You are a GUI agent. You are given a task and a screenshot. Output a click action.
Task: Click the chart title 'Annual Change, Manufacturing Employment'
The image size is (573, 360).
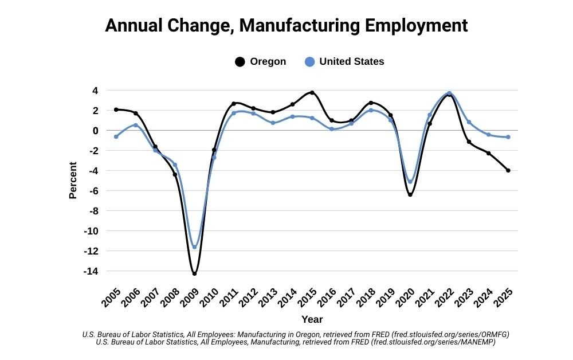[x=286, y=26]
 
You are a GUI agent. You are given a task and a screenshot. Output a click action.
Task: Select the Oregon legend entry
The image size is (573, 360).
[x=261, y=61]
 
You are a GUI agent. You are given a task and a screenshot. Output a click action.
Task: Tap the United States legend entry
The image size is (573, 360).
[x=344, y=61]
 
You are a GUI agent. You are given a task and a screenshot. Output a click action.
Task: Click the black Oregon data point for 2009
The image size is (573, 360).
[x=194, y=273]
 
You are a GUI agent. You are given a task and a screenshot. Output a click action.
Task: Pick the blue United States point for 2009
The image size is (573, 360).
[x=194, y=247]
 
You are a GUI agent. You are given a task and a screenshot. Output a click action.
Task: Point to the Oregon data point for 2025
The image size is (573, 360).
[x=508, y=170]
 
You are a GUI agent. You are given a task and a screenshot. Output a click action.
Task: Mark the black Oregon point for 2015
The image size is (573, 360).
[x=312, y=92]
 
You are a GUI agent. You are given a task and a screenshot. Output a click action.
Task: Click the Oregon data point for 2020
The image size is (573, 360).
[x=410, y=195]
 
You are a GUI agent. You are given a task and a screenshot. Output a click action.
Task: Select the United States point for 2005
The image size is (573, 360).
[x=116, y=136]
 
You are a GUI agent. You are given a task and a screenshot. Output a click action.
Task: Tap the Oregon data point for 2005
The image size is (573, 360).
[x=116, y=109]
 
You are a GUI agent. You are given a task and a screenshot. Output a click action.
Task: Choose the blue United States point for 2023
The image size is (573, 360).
[x=469, y=122]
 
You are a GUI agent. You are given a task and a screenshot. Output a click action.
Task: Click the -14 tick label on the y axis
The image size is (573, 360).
[x=89, y=271]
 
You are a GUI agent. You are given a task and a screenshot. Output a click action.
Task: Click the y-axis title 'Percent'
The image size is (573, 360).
[x=73, y=181]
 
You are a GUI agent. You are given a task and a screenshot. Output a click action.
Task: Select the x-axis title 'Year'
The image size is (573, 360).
[x=312, y=319]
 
